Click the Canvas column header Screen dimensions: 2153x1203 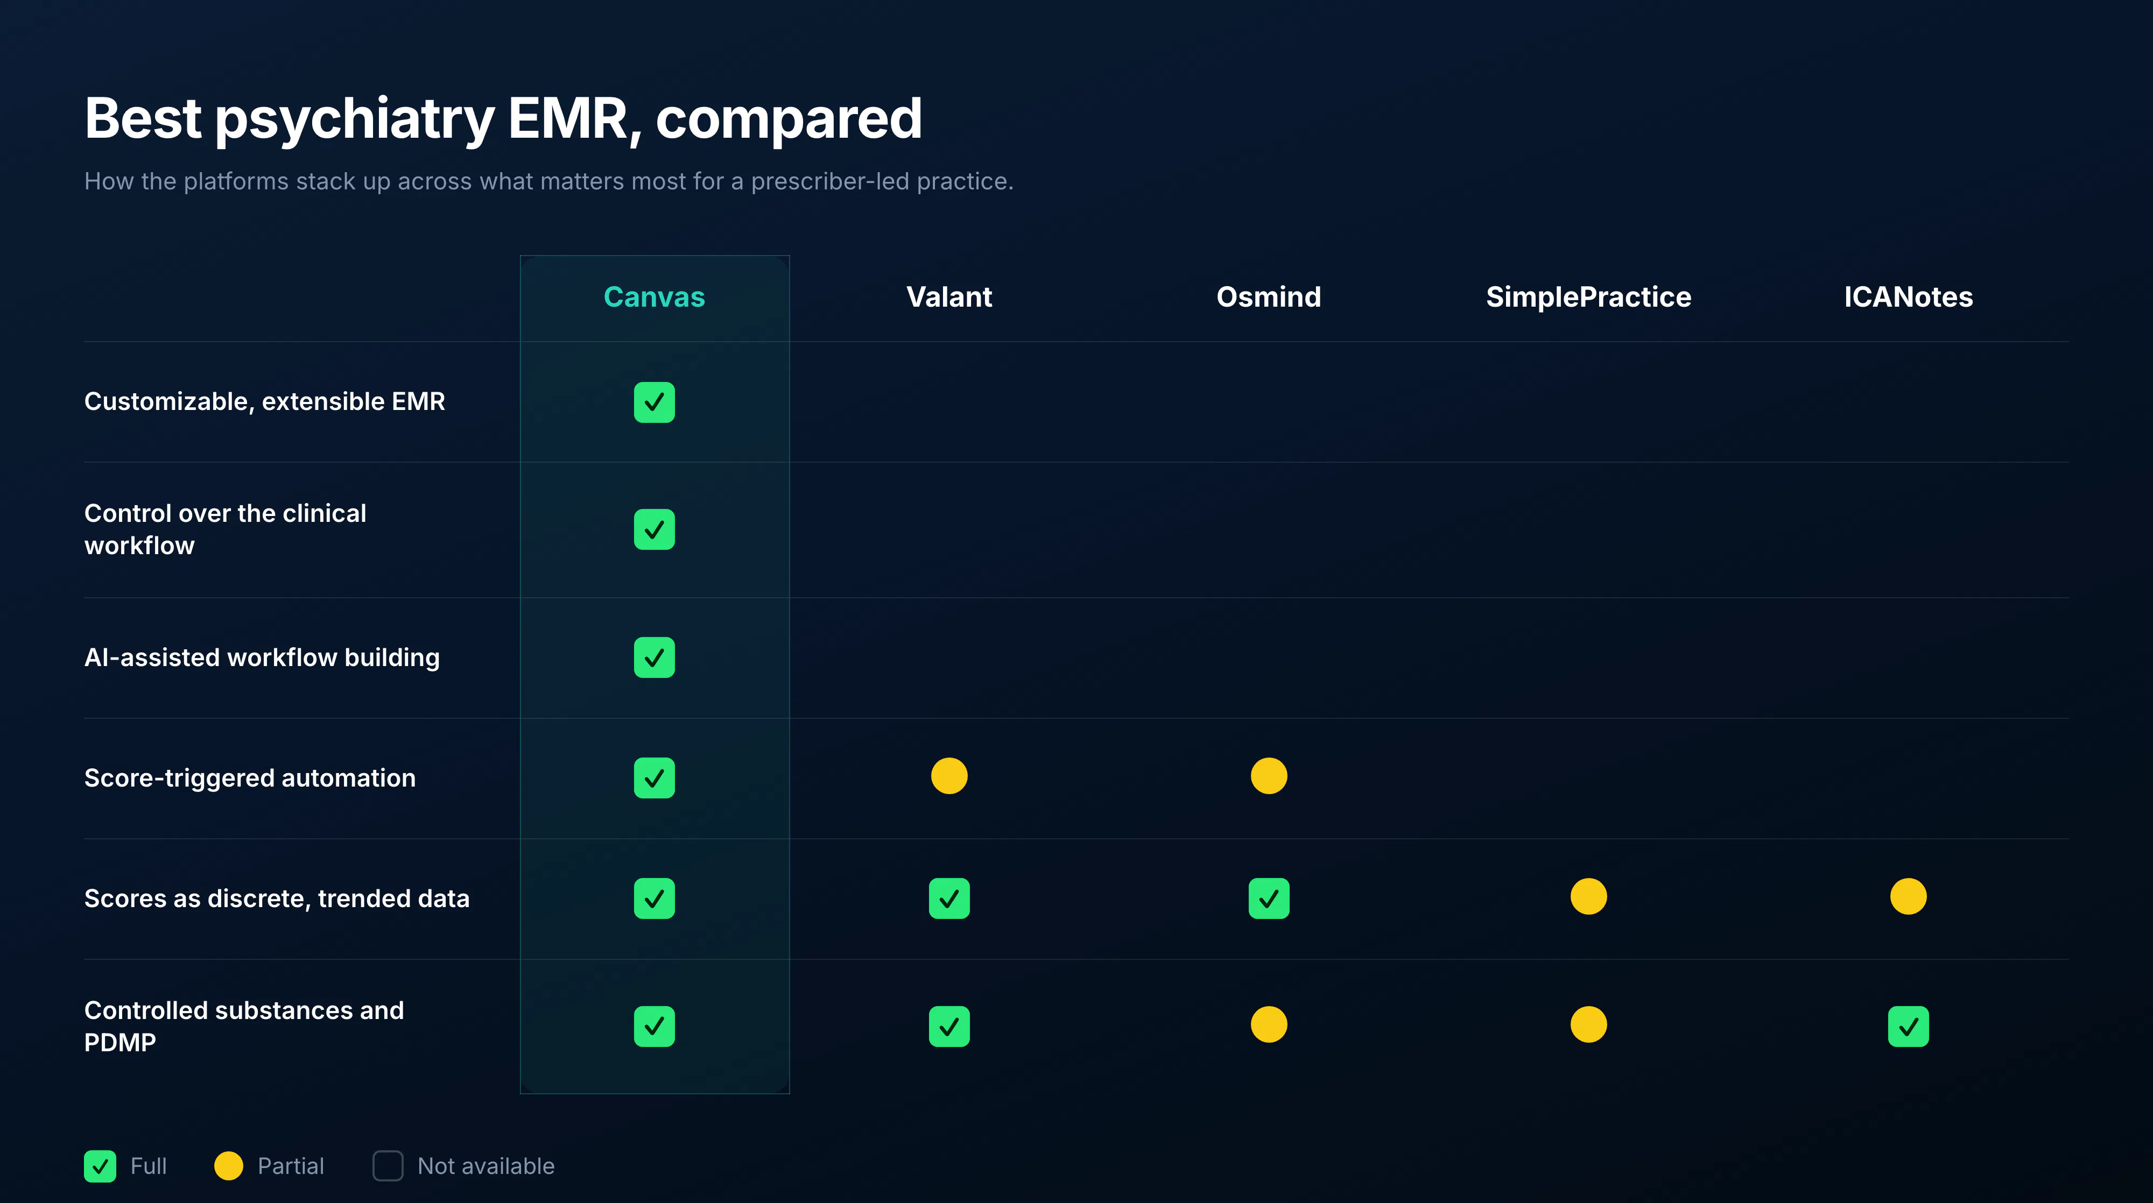(655, 296)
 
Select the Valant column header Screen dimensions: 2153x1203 (949, 296)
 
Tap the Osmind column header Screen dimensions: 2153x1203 (1269, 296)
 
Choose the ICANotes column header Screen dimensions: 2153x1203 (1908, 296)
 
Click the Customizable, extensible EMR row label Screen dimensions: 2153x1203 (265, 402)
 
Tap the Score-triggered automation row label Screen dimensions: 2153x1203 (250, 778)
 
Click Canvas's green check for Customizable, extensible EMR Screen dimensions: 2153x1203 (655, 402)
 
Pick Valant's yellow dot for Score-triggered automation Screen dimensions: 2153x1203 (949, 776)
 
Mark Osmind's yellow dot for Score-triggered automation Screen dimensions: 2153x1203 (1269, 776)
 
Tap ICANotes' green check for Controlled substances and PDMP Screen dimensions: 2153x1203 (1908, 1027)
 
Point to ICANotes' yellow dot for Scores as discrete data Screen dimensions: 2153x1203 (1908, 896)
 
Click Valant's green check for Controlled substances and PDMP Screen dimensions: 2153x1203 (949, 1027)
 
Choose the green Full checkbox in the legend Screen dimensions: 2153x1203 (100, 1166)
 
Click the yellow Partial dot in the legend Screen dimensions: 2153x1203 (228, 1166)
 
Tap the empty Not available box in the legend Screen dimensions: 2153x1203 (388, 1166)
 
